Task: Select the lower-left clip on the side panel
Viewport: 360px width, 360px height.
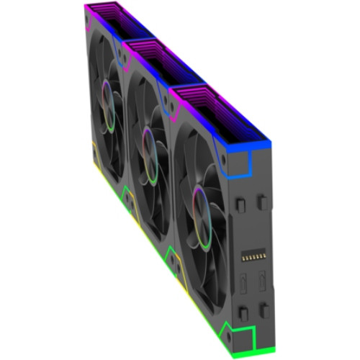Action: pyautogui.click(x=243, y=311)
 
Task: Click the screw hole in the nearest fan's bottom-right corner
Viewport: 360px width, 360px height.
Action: pyautogui.click(x=222, y=318)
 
